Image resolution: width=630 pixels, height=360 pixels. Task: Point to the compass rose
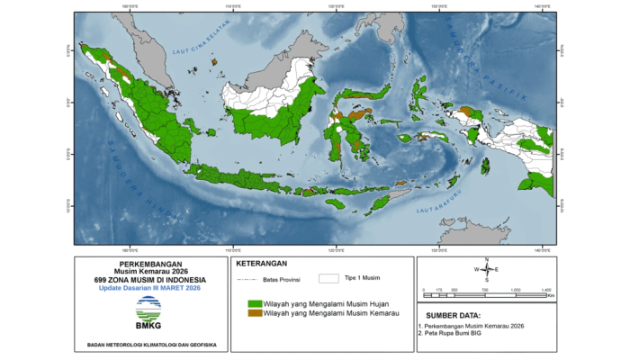[x=486, y=270]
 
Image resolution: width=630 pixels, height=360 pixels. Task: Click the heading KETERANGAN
[x=260, y=265]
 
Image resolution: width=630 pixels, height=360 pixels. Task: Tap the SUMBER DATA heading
[x=454, y=315]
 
